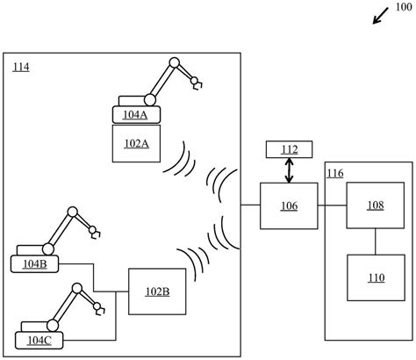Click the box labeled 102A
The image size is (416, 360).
point(137,143)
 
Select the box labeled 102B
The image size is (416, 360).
point(157,292)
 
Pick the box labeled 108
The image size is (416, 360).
point(375,206)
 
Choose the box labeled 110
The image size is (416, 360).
point(375,278)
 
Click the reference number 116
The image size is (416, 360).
point(335,173)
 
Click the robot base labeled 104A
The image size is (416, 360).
point(137,113)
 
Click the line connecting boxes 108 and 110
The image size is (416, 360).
point(375,241)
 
